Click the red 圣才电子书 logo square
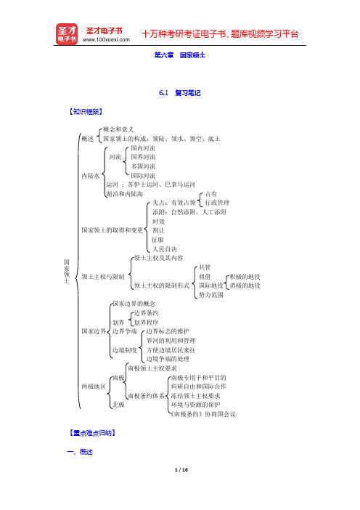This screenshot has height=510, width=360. (x=67, y=34)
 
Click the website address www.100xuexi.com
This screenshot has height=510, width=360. (x=106, y=40)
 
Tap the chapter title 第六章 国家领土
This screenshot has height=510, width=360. (x=180, y=55)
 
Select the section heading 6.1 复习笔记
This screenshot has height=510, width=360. (x=180, y=93)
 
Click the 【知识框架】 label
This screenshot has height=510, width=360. (x=86, y=112)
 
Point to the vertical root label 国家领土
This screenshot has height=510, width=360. (x=67, y=271)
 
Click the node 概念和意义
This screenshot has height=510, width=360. (x=118, y=129)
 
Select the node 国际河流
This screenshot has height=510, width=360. (x=143, y=176)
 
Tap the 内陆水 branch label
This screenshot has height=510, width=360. (x=91, y=176)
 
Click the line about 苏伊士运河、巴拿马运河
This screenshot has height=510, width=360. (x=150, y=185)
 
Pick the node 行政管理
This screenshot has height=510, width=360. (x=217, y=203)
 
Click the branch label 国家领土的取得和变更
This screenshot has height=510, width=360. (x=112, y=230)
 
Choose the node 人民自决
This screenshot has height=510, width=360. (x=165, y=249)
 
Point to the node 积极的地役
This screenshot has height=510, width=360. (x=245, y=277)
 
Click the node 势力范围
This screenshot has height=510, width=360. (x=211, y=295)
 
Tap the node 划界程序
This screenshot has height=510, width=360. (x=146, y=323)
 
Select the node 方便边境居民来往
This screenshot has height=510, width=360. (x=171, y=350)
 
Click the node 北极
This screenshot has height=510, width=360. (x=118, y=405)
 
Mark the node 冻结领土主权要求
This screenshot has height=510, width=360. (x=195, y=396)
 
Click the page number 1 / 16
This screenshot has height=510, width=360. (x=181, y=469)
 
